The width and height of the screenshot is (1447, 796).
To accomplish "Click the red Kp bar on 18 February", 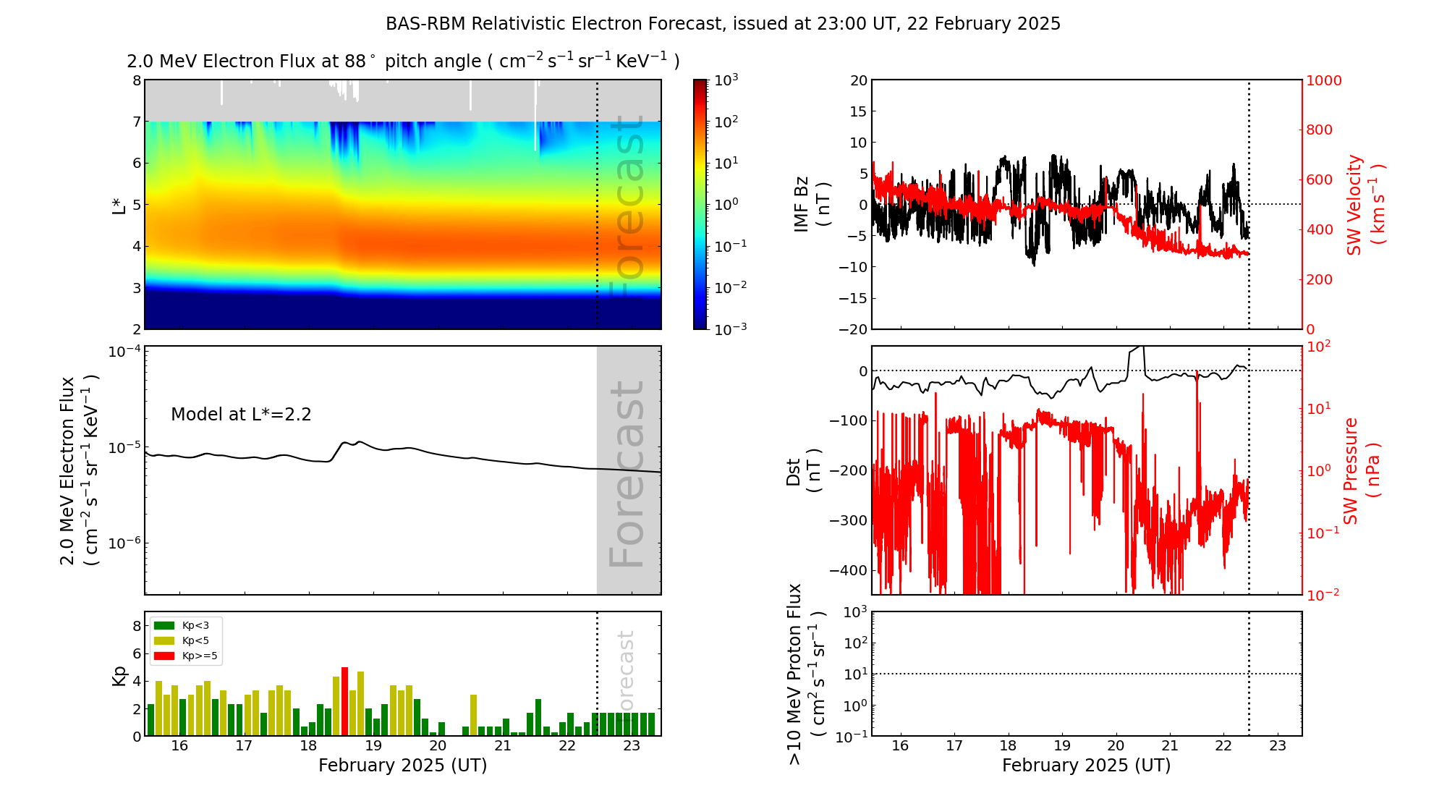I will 344,700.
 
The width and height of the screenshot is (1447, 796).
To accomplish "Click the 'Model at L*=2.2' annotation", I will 241,415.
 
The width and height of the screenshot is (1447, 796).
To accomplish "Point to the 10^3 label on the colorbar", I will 726,80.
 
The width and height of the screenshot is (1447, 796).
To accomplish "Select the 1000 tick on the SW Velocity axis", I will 1323,80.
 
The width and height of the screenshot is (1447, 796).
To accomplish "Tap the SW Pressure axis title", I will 1361,470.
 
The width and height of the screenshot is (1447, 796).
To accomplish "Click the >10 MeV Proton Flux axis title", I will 806,674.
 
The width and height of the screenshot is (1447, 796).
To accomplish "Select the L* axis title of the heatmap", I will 119,205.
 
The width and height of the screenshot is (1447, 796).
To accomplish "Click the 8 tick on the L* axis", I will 137,80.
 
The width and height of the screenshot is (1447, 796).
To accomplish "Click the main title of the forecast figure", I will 723,24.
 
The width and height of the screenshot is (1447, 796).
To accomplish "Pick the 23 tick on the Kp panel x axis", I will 632,746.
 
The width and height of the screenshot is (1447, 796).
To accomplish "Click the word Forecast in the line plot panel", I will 627,474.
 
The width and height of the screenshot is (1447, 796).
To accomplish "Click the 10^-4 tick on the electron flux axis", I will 124,352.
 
